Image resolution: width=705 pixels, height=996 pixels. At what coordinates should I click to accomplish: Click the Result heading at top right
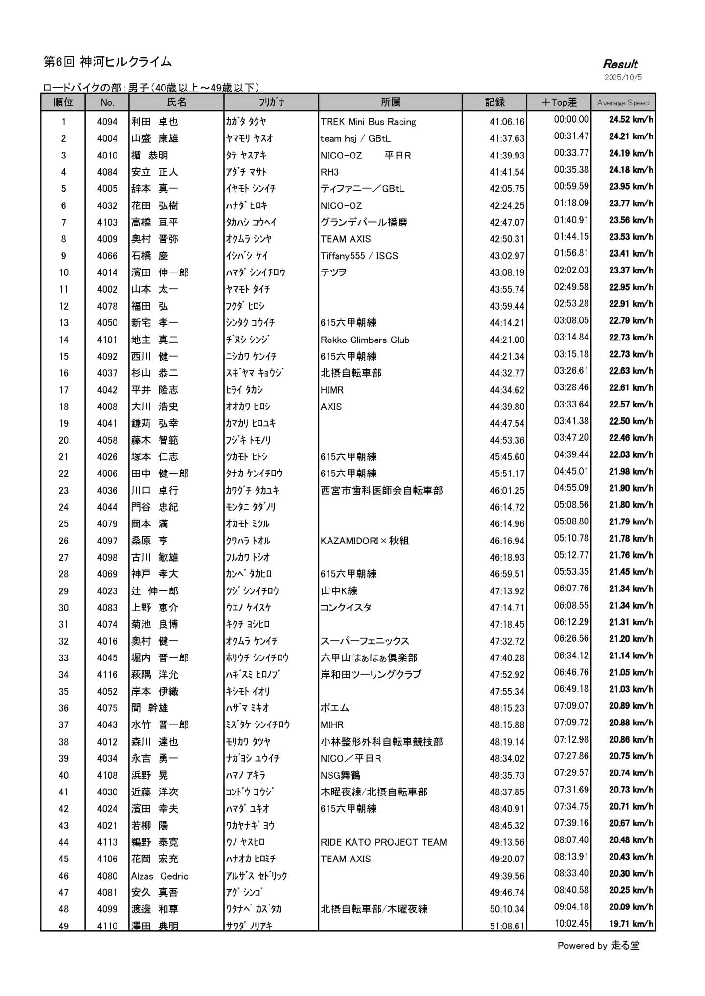pos(620,64)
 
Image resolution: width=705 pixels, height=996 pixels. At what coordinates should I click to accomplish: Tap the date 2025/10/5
pos(623,77)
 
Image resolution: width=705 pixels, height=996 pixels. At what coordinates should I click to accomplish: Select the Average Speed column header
pos(623,102)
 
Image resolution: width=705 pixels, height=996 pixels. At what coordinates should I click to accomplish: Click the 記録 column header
pos(494,102)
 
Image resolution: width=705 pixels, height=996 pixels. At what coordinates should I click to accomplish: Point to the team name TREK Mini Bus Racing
pos(368,122)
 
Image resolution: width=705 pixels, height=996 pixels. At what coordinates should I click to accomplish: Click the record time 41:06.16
pos(507,122)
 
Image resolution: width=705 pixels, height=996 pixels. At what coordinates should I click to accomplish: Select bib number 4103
pos(107,222)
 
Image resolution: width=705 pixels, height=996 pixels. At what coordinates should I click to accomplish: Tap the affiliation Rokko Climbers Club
pos(365,340)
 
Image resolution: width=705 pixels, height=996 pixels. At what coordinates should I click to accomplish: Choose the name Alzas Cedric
pos(159,876)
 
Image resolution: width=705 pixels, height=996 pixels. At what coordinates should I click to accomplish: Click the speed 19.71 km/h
pos(631,924)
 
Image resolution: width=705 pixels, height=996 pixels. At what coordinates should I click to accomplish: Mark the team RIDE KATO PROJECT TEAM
pos(383,842)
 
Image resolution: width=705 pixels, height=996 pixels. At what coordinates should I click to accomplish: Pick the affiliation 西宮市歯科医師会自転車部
pos(381,490)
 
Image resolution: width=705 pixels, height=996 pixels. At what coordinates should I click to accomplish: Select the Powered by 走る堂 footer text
pos(598,945)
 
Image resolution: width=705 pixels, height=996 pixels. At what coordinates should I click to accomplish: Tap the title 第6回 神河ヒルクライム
pos(108,62)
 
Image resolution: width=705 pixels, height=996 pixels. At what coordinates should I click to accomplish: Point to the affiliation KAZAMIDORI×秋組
pos(364,541)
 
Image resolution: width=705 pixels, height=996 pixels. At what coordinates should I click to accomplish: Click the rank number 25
pos(64,523)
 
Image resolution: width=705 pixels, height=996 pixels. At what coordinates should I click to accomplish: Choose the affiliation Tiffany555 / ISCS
pos(359,256)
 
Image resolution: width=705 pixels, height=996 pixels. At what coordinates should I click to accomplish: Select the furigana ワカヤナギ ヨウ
pos(250,825)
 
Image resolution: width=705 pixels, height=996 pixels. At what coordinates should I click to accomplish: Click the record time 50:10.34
pos(507,909)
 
